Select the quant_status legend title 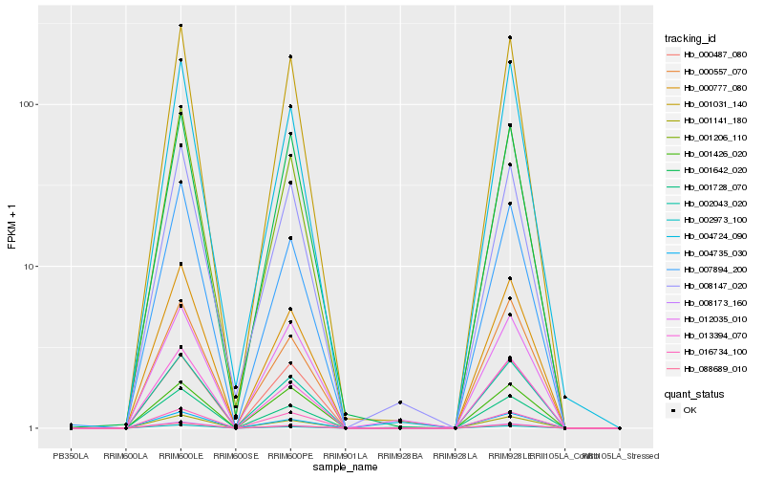(694, 393)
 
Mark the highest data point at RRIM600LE (180, 26)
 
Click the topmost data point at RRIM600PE (290, 56)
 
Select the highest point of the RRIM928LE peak (510, 37)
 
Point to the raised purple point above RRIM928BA (400, 402)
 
